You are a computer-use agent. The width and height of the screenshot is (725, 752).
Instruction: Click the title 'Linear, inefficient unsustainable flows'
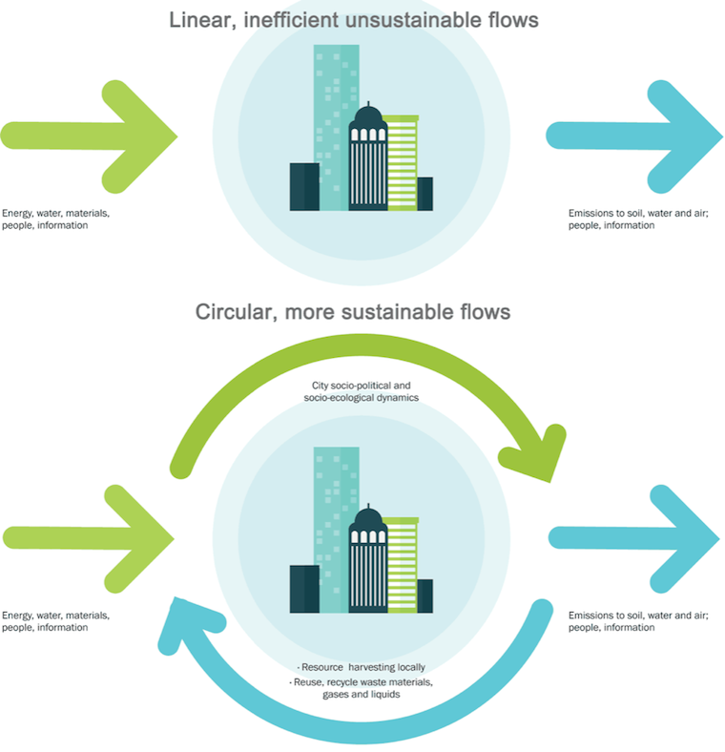pos(352,19)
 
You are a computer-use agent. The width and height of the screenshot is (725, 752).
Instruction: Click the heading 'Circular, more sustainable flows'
pos(352,312)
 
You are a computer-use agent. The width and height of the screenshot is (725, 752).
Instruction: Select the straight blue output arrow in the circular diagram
pos(639,538)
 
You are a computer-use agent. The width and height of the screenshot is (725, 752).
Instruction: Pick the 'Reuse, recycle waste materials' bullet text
pos(362,684)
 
